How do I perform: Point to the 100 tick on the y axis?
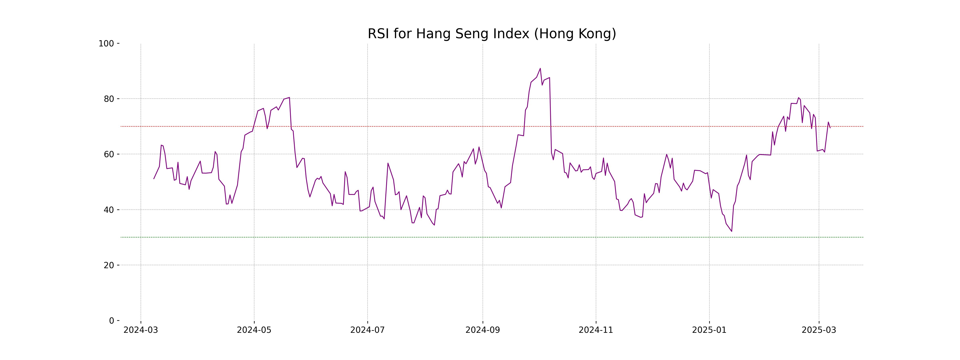click(x=106, y=44)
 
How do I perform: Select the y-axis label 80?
click(x=109, y=99)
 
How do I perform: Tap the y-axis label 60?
click(x=109, y=154)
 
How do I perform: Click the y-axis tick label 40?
click(x=109, y=210)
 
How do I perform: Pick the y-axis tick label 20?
click(x=109, y=265)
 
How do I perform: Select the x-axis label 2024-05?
click(x=254, y=330)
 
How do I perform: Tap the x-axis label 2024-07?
click(x=367, y=330)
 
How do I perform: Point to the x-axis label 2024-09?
click(x=483, y=330)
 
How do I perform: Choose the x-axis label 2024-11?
click(x=596, y=330)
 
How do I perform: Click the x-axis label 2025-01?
click(x=709, y=330)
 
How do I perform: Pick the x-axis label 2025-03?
click(x=819, y=330)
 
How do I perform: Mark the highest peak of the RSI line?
click(x=540, y=69)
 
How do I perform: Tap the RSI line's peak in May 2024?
click(x=289, y=98)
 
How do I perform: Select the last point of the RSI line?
click(x=830, y=128)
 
